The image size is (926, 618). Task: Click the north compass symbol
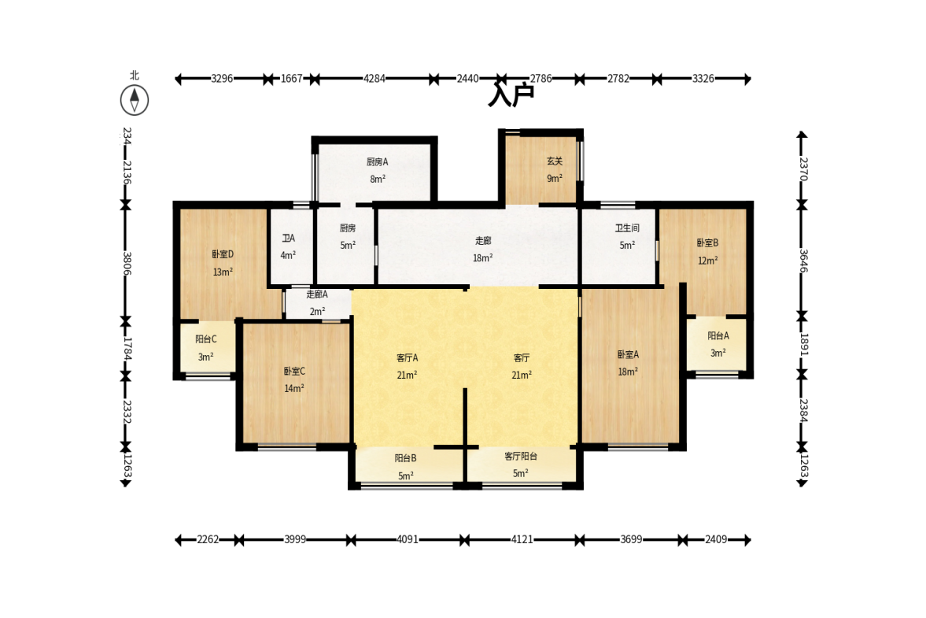(134, 100)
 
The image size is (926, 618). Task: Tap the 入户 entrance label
(511, 94)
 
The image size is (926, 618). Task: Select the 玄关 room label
(555, 161)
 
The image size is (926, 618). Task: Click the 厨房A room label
(378, 162)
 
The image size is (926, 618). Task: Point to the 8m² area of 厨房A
(378, 179)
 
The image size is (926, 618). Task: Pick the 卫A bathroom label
(288, 238)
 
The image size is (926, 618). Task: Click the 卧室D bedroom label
(223, 254)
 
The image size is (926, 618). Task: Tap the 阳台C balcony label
(206, 339)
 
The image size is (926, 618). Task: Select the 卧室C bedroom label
(294, 371)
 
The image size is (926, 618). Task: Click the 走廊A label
(317, 294)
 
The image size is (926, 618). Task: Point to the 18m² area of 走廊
(482, 258)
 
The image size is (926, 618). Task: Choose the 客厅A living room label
(408, 358)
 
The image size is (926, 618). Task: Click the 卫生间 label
(627, 228)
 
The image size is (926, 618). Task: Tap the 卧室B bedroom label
(707, 242)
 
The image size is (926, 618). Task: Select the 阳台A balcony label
(718, 335)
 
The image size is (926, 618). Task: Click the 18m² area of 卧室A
(628, 372)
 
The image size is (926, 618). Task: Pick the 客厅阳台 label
(521, 456)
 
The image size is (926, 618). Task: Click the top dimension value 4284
(374, 79)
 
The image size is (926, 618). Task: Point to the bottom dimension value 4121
(522, 539)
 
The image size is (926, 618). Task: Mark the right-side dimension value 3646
(802, 261)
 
